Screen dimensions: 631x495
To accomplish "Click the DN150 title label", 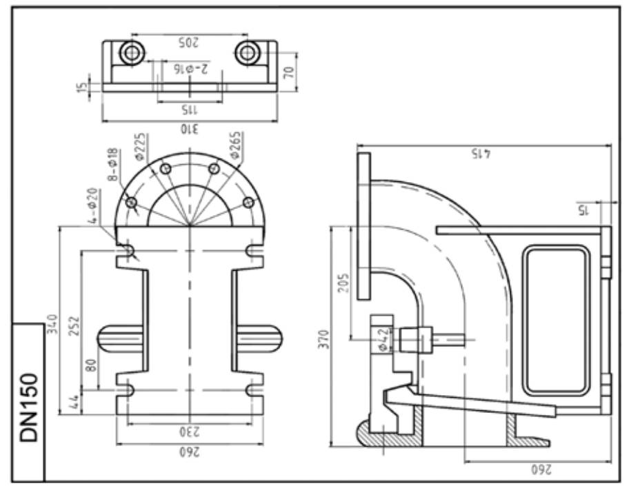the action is click(x=30, y=407).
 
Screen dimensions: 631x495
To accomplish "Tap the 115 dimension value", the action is click(x=190, y=109).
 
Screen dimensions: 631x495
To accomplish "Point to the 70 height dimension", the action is click(x=289, y=72).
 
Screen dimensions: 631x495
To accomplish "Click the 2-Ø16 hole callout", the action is click(x=192, y=68).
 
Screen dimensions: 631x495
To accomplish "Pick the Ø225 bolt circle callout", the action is click(x=140, y=146).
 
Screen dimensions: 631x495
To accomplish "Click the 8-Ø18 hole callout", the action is click(x=113, y=164).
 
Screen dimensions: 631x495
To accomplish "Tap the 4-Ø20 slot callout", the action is click(x=92, y=205).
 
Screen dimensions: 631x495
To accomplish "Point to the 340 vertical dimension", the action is click(x=52, y=324).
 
